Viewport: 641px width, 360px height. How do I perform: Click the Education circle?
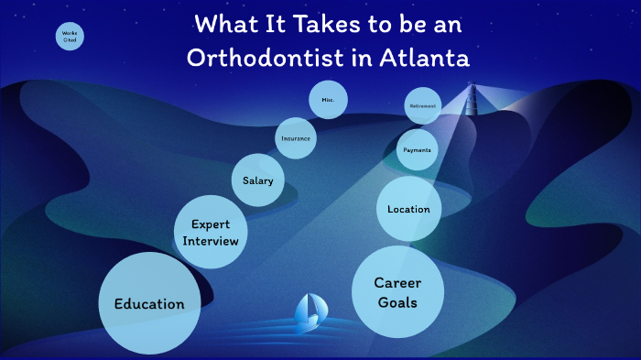click(x=149, y=303)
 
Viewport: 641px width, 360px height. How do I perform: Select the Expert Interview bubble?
click(x=212, y=233)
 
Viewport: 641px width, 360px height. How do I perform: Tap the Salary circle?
click(x=257, y=180)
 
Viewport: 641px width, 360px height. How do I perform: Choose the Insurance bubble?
click(x=296, y=138)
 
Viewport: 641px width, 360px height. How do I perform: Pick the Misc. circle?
click(x=328, y=100)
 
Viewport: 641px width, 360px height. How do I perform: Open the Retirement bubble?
click(x=423, y=106)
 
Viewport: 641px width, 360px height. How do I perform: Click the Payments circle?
click(x=417, y=149)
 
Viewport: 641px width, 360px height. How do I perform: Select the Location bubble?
click(x=408, y=209)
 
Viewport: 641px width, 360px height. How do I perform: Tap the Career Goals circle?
click(x=397, y=292)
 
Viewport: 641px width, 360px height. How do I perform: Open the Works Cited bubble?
click(x=69, y=37)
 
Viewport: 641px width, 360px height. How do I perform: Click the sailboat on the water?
click(x=307, y=312)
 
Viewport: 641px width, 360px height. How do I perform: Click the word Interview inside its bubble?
click(x=212, y=241)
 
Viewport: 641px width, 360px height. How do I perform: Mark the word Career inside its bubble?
click(x=397, y=283)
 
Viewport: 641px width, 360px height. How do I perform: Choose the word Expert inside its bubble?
click(x=212, y=224)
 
